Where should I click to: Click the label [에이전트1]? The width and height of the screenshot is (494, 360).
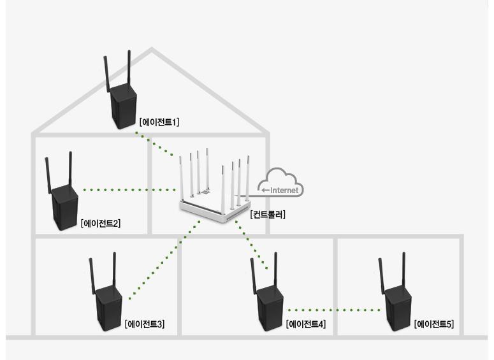(x=159, y=122)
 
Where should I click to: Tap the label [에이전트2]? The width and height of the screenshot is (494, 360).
(x=101, y=223)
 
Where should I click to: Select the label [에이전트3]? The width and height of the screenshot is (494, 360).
(x=145, y=324)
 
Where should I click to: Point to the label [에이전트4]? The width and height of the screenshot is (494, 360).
(x=306, y=324)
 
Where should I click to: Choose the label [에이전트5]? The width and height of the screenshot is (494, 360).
(x=434, y=324)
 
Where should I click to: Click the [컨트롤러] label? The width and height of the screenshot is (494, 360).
(x=268, y=215)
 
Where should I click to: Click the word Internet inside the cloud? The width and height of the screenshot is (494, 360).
(x=284, y=190)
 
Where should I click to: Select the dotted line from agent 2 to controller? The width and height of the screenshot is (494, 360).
(x=127, y=189)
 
